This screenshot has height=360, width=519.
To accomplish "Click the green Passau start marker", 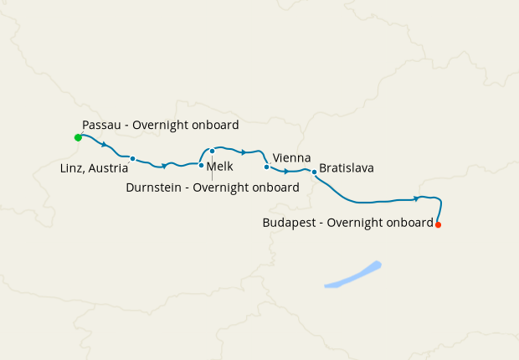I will coord(78,137).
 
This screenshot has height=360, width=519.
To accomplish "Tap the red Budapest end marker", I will coord(438,224).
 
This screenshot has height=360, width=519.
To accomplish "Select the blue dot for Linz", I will coord(133,158).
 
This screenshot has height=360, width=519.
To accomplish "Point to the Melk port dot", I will coord(201,165).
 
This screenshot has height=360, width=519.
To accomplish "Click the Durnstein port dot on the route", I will coord(213,152).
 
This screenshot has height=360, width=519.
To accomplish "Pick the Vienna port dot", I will coord(266,167).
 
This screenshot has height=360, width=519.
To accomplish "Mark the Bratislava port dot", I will coord(314,172).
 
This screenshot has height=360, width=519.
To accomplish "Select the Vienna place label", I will coord(292,157).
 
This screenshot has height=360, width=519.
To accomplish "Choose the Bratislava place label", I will coord(347,168).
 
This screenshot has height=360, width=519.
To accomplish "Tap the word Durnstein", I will coord(155,188).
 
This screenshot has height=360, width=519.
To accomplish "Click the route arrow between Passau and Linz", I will coord(103,145).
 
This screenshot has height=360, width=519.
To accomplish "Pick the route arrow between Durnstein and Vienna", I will coord(243,152).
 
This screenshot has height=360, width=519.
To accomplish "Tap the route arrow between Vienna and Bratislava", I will coord(286,172).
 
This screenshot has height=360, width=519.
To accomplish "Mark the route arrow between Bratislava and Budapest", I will coord(416,198).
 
